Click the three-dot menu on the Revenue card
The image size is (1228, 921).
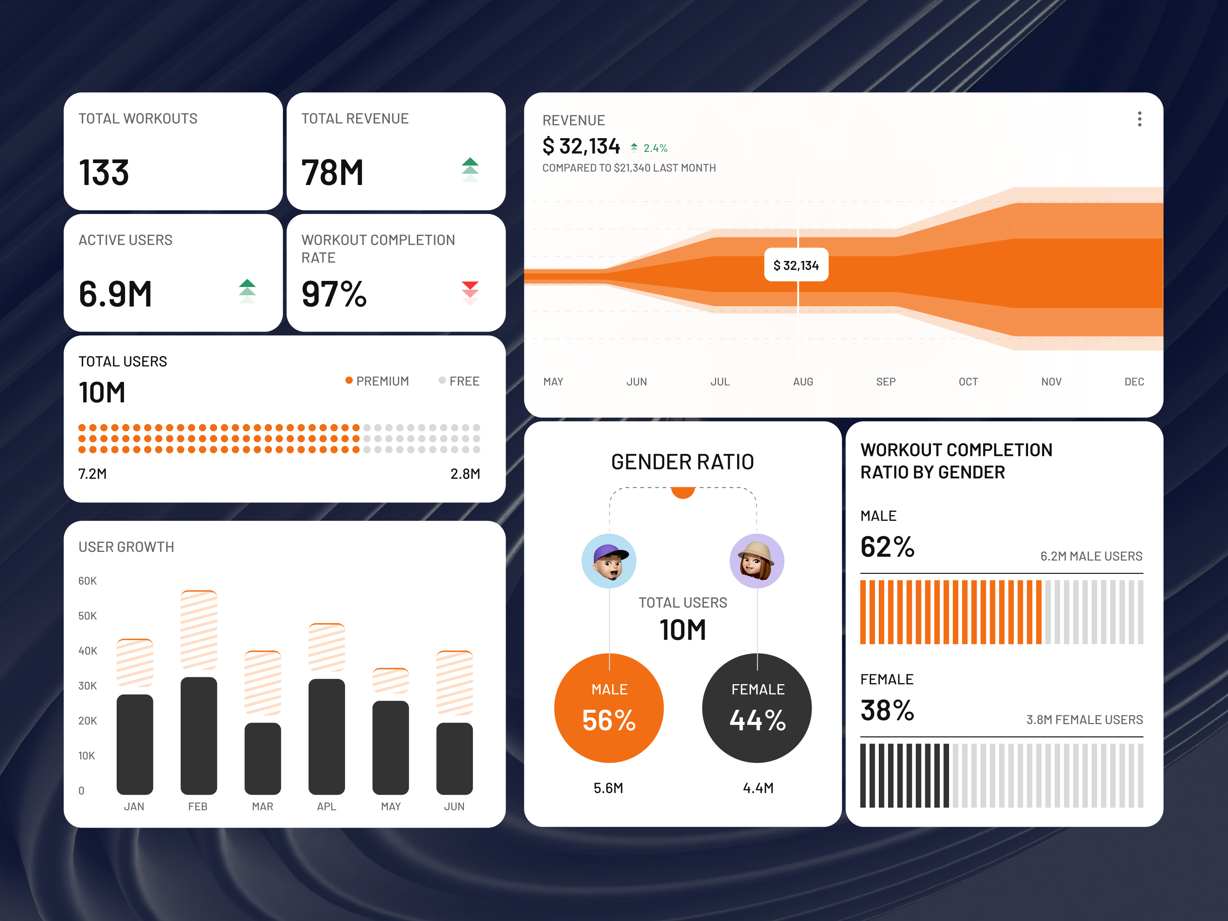(x=1139, y=119)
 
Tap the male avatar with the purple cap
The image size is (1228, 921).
(x=609, y=561)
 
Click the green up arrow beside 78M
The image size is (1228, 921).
(x=470, y=169)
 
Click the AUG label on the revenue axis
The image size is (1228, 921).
(x=803, y=381)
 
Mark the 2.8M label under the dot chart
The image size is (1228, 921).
(x=465, y=474)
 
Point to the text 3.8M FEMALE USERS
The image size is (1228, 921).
(x=1084, y=720)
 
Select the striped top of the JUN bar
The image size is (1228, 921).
(x=454, y=683)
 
